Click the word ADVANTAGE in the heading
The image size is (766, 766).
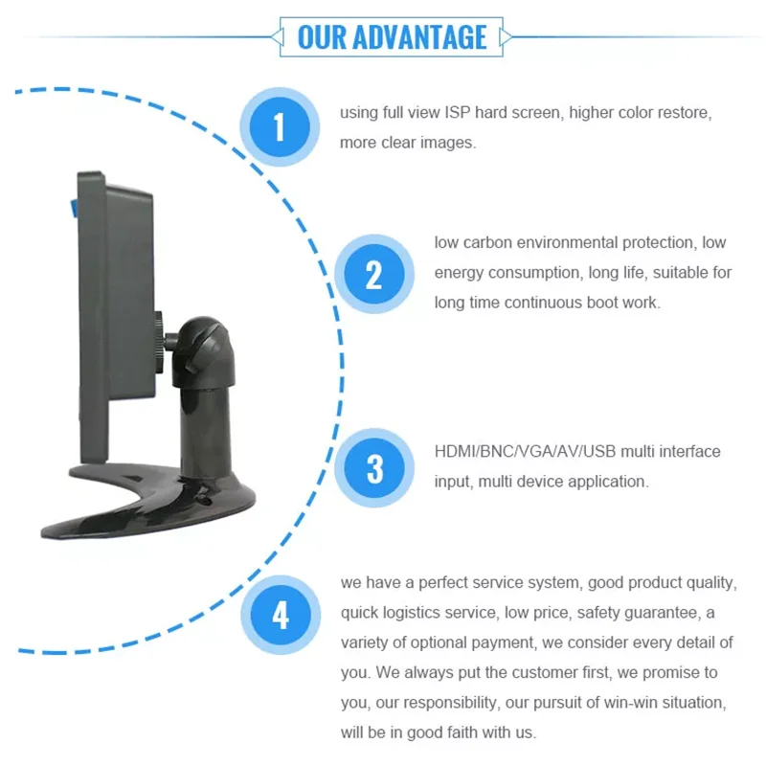pyautogui.click(x=420, y=36)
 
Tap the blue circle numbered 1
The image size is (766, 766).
pyautogui.click(x=279, y=126)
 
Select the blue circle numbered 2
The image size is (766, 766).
pyautogui.click(x=373, y=275)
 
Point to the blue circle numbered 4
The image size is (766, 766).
pyautogui.click(x=280, y=615)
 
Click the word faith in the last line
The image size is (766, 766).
pyautogui.click(x=449, y=733)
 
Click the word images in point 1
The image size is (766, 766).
pyautogui.click(x=449, y=143)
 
